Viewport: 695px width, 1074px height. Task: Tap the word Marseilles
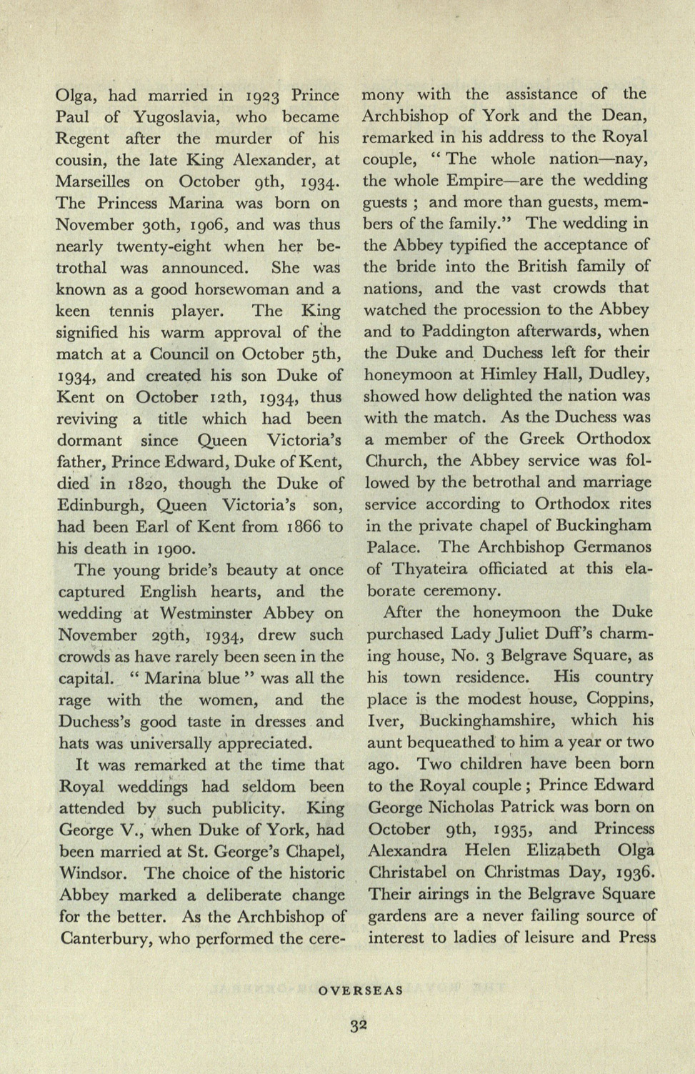(x=95, y=182)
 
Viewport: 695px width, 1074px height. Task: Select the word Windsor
(x=94, y=873)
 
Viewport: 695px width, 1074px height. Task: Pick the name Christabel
(x=420, y=872)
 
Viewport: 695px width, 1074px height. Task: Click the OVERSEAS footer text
(x=361, y=990)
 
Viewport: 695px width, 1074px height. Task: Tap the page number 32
(x=359, y=1025)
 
